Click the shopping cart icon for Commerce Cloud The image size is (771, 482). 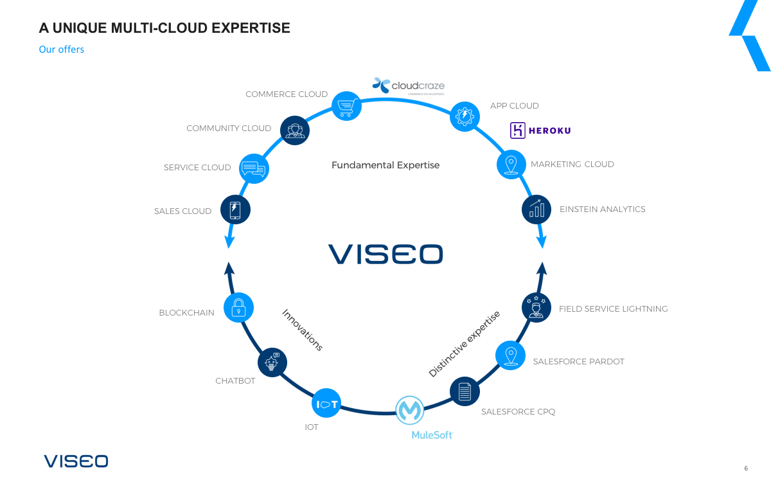(346, 105)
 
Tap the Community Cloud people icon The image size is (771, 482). (295, 130)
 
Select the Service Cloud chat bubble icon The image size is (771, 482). (254, 168)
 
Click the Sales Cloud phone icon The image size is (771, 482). (235, 210)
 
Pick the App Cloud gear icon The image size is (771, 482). (465, 116)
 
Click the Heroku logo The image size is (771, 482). (540, 130)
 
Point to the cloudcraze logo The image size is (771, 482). (409, 85)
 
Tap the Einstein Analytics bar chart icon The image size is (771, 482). (536, 210)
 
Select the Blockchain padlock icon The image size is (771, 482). (238, 307)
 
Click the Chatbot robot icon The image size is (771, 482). (272, 362)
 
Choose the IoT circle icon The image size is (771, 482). (327, 404)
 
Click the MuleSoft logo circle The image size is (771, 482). (409, 410)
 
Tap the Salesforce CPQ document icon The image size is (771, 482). (465, 391)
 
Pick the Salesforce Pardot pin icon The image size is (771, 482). (511, 355)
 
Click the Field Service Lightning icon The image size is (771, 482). (536, 307)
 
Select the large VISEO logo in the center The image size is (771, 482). (385, 254)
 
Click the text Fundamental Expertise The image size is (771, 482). (385, 165)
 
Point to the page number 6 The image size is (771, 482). (746, 468)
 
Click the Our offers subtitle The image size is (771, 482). (62, 49)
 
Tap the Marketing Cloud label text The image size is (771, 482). (572, 165)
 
